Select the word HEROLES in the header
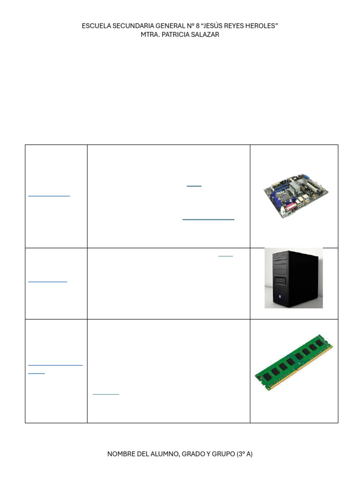click(264, 26)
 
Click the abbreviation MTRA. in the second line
click(150, 35)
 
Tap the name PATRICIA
click(176, 35)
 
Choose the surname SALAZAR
click(205, 35)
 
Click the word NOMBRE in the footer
click(120, 454)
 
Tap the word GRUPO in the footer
click(223, 454)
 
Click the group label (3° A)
click(244, 454)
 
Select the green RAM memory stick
click(294, 363)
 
